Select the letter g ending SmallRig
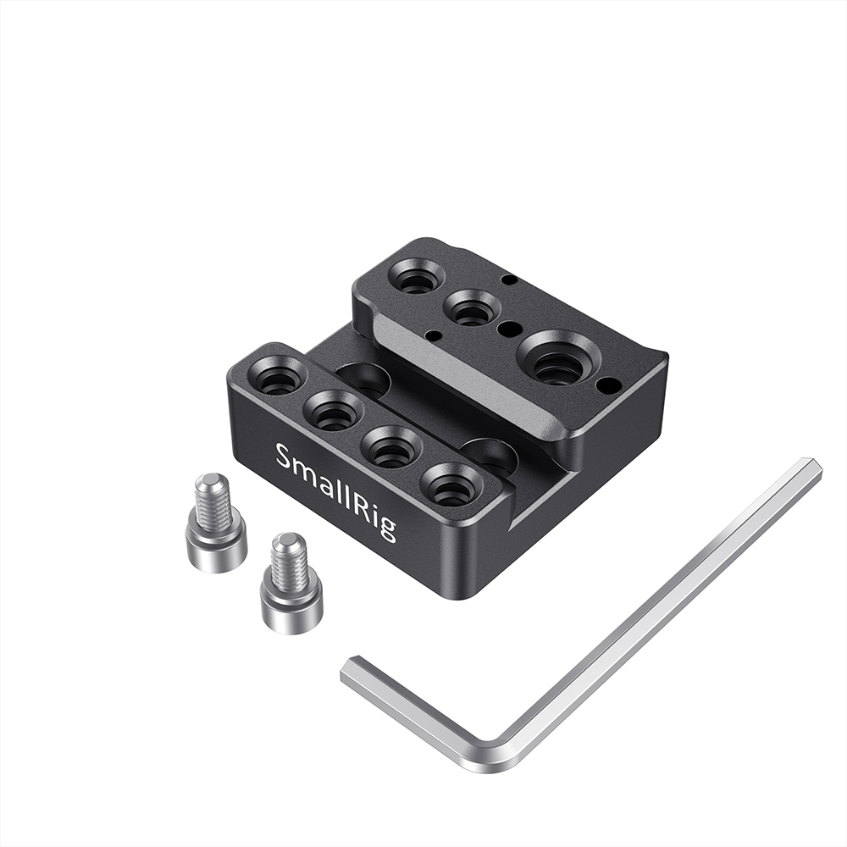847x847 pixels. [x=389, y=527]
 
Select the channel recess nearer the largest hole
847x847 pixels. [x=489, y=450]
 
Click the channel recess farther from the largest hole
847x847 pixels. [x=363, y=378]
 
